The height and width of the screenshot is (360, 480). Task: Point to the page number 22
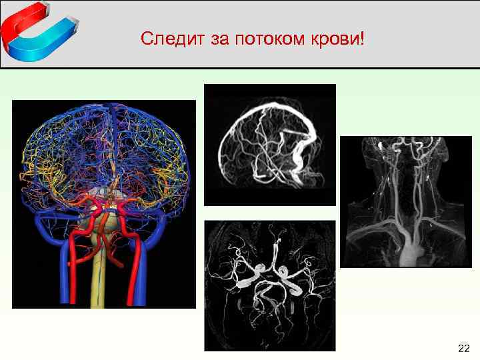click(x=464, y=348)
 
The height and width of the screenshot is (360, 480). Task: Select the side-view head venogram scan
click(x=269, y=144)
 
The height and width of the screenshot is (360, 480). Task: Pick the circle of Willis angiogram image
click(x=269, y=285)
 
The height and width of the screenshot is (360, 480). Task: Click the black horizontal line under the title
click(x=240, y=67)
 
